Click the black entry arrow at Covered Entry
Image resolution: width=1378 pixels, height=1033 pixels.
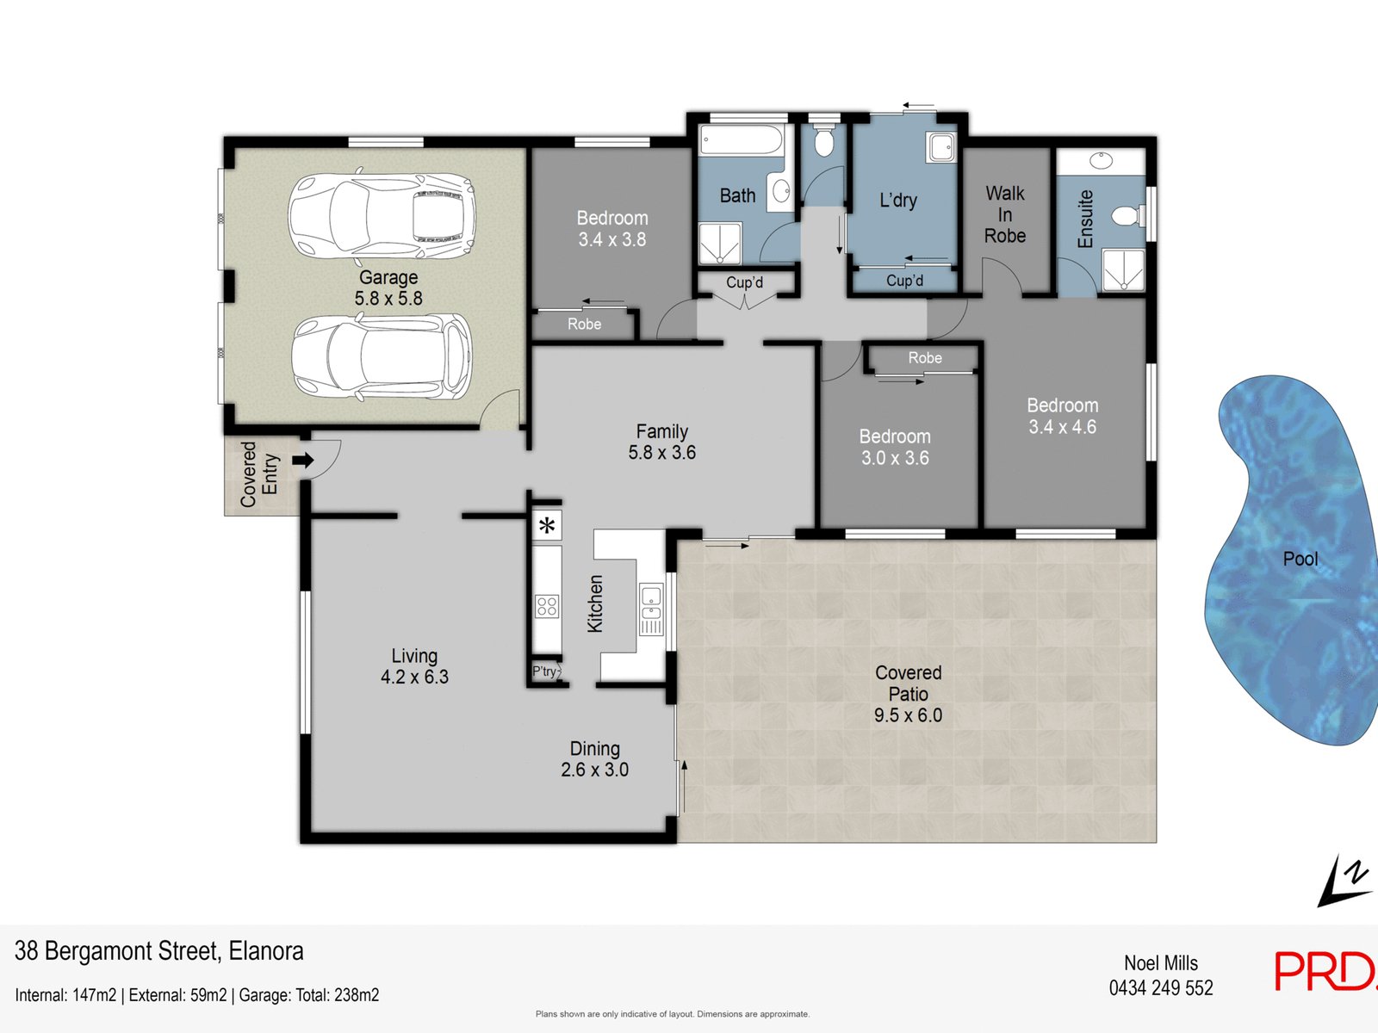pyautogui.click(x=303, y=461)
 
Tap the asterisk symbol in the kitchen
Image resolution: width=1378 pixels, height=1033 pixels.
pyautogui.click(x=548, y=526)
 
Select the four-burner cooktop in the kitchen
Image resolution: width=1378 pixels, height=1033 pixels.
pyautogui.click(x=547, y=607)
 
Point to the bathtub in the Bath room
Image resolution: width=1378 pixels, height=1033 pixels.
pyautogui.click(x=741, y=139)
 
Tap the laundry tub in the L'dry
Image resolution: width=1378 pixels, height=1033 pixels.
pyautogui.click(x=941, y=147)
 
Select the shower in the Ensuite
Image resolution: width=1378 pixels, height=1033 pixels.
pyautogui.click(x=1124, y=269)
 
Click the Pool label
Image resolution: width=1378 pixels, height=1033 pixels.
pyautogui.click(x=1300, y=559)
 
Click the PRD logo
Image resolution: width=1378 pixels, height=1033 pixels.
pyautogui.click(x=1325, y=971)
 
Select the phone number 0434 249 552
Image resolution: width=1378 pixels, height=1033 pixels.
pyautogui.click(x=1161, y=988)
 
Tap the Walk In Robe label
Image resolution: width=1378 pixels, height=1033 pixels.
pyautogui.click(x=1005, y=214)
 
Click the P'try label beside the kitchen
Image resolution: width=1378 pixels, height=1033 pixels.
pyautogui.click(x=544, y=671)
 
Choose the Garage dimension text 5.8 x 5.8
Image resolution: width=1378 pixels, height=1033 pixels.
pyautogui.click(x=388, y=299)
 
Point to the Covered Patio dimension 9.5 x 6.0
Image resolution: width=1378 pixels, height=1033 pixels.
pyautogui.click(x=908, y=715)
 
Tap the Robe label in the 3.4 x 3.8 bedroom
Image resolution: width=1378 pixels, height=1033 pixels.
pyautogui.click(x=585, y=325)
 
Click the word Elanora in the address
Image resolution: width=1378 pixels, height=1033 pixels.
pyautogui.click(x=266, y=951)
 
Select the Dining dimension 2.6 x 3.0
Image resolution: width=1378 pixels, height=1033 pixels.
pyautogui.click(x=594, y=770)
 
